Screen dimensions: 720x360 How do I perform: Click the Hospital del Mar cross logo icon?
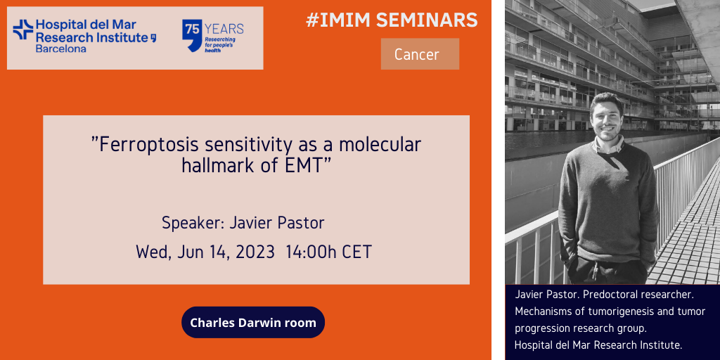[x=23, y=30]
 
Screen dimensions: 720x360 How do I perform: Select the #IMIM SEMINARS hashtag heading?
[x=392, y=20]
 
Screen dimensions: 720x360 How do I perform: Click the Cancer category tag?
[x=420, y=54]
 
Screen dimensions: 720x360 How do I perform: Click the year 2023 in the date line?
[x=255, y=252]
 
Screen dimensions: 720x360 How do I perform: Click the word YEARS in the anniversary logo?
[x=224, y=30]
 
